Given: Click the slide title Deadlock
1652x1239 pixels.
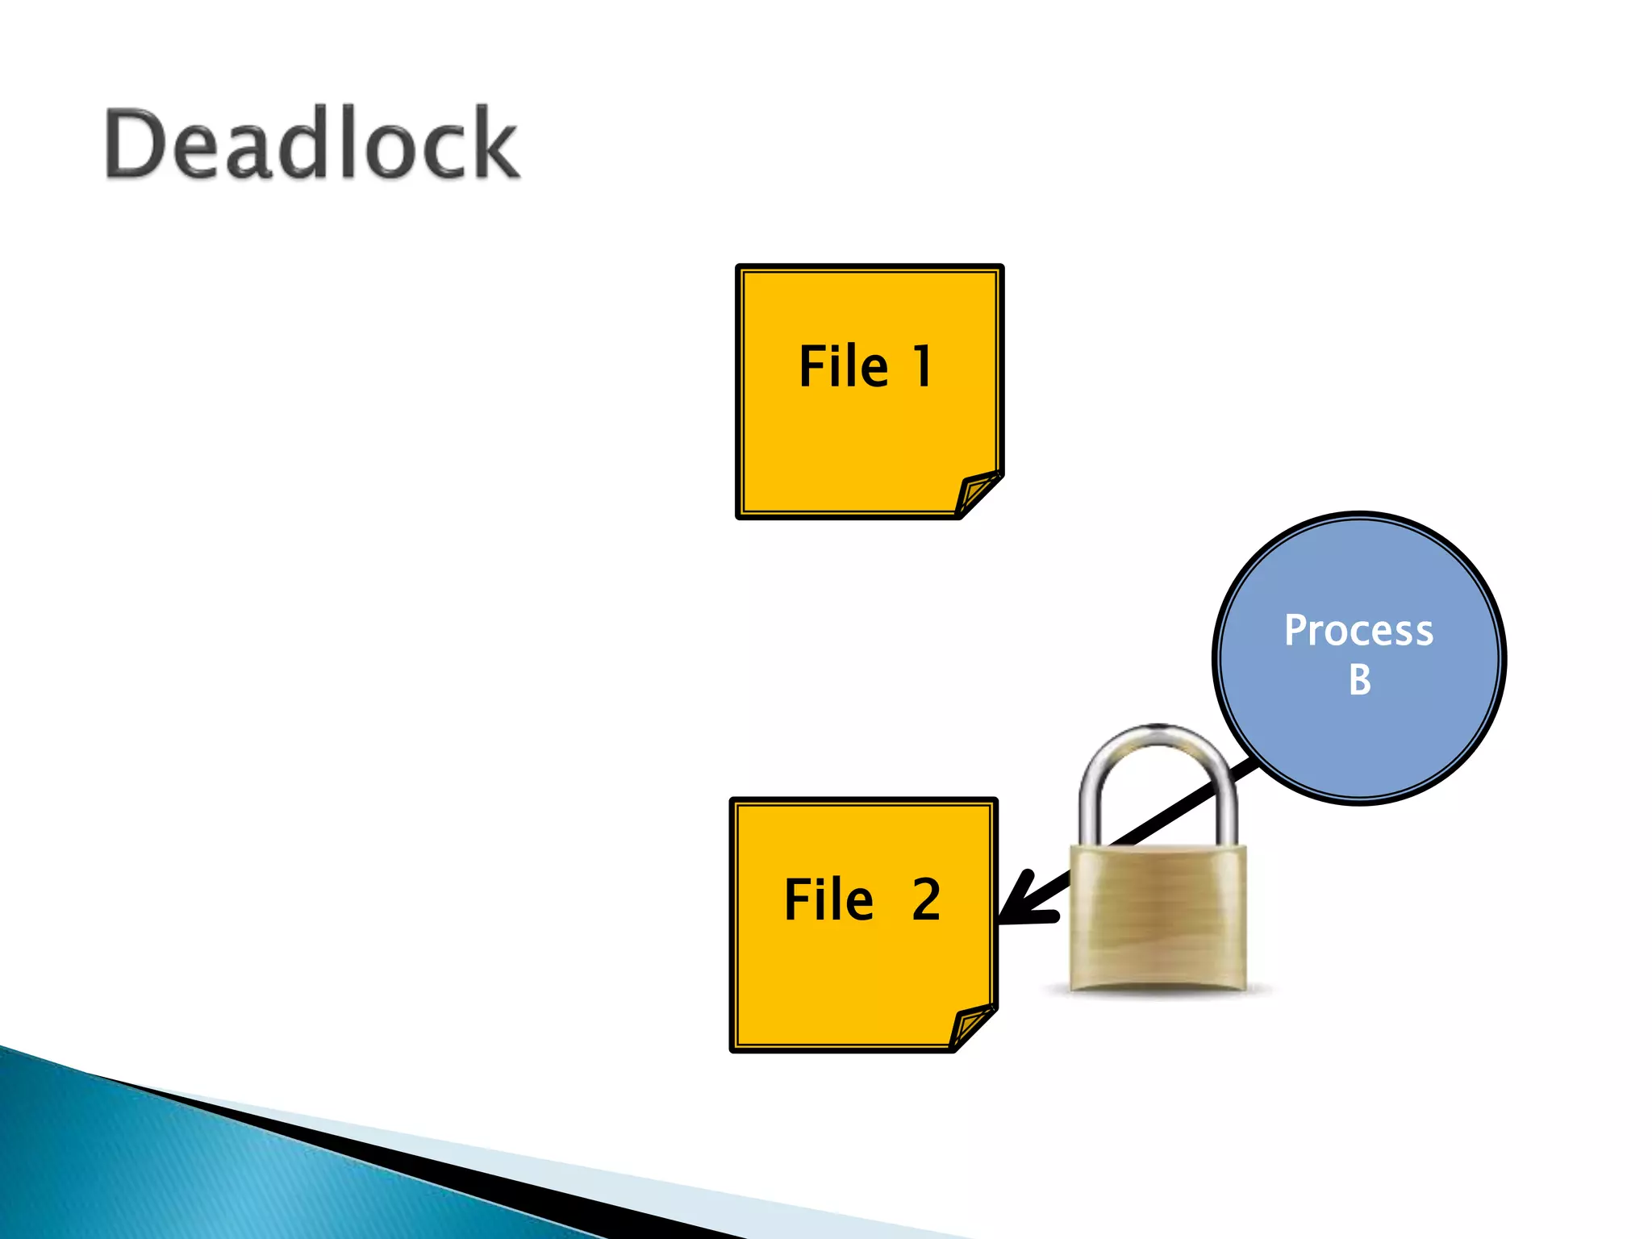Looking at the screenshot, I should click(312, 144).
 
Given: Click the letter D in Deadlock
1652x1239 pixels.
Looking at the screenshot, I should click(135, 144).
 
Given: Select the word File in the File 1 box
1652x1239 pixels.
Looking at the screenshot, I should click(843, 367).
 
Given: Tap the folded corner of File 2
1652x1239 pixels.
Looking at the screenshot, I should click(971, 1026).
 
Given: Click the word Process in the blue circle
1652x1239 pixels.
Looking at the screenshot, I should click(1358, 630).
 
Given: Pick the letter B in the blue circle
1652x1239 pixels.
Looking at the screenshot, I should click(1359, 680).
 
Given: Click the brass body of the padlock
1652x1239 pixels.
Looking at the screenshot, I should click(1158, 920).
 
